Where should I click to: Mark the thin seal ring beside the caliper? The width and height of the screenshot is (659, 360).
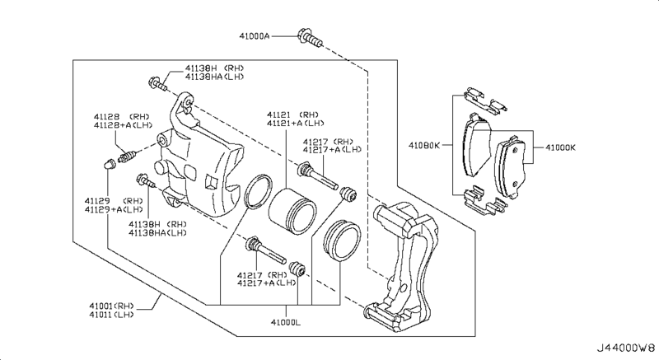259,194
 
